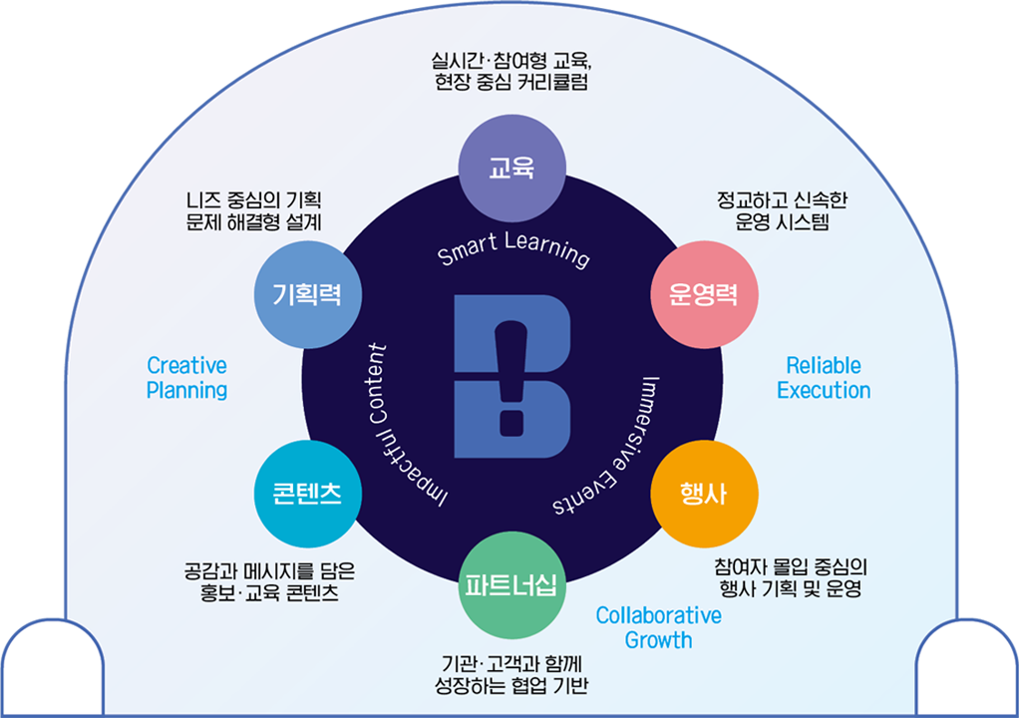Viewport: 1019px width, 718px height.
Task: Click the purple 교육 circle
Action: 511,168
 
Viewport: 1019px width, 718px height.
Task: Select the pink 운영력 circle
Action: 704,295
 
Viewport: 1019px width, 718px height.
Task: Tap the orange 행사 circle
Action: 704,494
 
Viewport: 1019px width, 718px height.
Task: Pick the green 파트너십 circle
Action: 511,584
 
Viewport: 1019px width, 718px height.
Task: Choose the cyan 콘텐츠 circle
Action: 307,494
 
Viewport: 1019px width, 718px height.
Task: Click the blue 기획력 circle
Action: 307,294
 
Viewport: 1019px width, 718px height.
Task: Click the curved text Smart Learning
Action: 513,250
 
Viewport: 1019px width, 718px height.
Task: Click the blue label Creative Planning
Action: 186,378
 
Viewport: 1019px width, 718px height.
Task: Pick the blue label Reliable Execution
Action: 824,378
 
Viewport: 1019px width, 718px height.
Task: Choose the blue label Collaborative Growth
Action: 658,627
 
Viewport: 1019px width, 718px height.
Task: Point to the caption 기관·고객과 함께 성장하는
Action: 511,674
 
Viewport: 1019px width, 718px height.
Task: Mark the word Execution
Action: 824,390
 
